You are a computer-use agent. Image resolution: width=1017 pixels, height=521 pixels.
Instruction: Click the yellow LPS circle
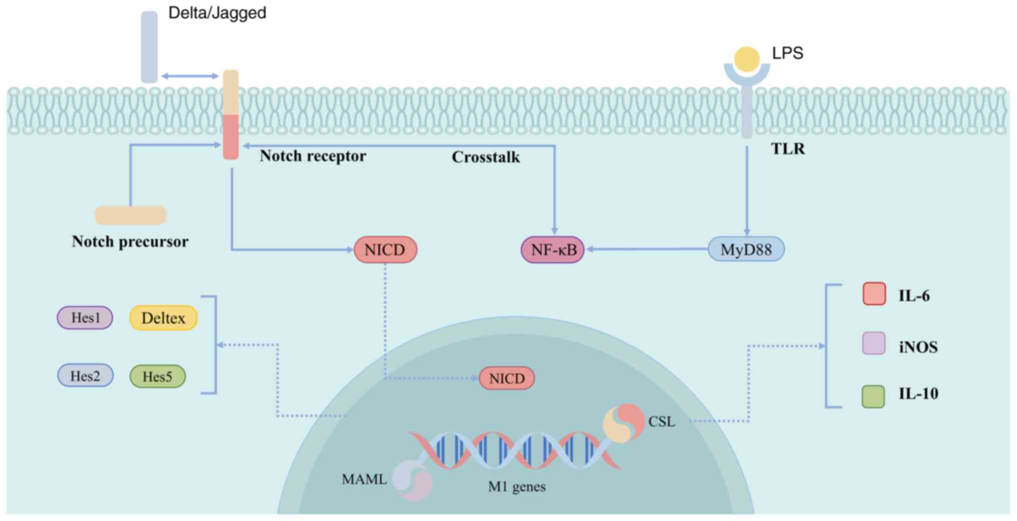pyautogui.click(x=747, y=59)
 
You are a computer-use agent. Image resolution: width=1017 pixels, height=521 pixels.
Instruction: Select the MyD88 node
pyautogui.click(x=746, y=249)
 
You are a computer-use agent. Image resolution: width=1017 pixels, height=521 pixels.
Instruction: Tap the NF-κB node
pyautogui.click(x=553, y=249)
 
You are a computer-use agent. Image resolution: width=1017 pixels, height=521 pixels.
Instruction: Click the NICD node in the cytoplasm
pyautogui.click(x=385, y=249)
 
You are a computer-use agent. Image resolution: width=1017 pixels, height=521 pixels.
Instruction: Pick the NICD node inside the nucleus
pyautogui.click(x=506, y=378)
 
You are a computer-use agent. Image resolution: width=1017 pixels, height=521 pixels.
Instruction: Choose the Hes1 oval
pyautogui.click(x=85, y=318)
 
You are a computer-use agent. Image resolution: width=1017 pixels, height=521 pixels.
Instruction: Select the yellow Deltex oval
pyautogui.click(x=163, y=318)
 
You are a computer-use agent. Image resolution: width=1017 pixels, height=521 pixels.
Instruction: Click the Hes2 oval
pyautogui.click(x=85, y=376)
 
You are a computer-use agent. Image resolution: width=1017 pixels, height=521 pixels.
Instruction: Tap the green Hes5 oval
pyautogui.click(x=157, y=377)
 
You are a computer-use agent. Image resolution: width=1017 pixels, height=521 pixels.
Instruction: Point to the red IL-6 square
pyautogui.click(x=874, y=294)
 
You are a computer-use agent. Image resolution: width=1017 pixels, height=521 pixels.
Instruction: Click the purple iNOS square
pyautogui.click(x=873, y=344)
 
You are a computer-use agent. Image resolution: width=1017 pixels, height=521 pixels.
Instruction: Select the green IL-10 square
pyautogui.click(x=873, y=396)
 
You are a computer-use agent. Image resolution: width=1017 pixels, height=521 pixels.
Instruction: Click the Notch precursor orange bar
pyautogui.click(x=131, y=215)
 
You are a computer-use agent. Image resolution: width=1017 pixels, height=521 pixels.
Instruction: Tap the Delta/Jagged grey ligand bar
pyautogui.click(x=149, y=47)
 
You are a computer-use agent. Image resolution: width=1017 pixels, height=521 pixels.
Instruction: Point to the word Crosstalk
pyautogui.click(x=485, y=157)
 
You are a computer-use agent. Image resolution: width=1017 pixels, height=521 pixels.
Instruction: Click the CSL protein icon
pyautogui.click(x=623, y=423)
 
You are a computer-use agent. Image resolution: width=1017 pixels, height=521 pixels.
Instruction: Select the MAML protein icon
pyautogui.click(x=412, y=480)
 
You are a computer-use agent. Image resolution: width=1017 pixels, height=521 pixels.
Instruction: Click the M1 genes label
pyautogui.click(x=517, y=487)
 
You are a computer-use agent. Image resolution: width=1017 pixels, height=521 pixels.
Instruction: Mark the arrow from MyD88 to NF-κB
pyautogui.click(x=646, y=249)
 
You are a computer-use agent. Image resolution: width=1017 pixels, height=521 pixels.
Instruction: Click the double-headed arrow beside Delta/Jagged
pyautogui.click(x=190, y=76)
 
